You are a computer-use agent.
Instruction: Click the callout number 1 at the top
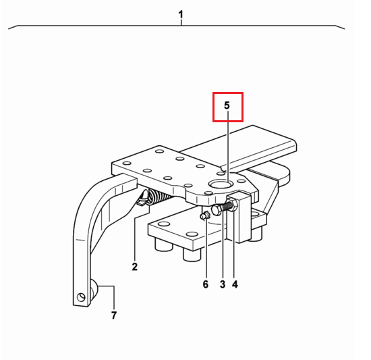click(x=181, y=15)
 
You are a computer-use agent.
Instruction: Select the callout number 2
click(x=135, y=267)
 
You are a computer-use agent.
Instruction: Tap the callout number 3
click(x=223, y=284)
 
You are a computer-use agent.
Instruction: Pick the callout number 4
click(x=235, y=284)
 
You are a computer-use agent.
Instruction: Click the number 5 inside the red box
click(x=227, y=105)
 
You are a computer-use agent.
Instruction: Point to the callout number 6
click(x=206, y=284)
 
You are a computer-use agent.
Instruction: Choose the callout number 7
click(x=114, y=315)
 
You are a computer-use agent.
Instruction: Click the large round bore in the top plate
click(x=220, y=184)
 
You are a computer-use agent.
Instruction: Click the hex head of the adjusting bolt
click(x=217, y=210)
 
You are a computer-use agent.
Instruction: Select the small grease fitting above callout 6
click(x=205, y=215)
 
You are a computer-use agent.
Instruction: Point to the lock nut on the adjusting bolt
click(x=233, y=205)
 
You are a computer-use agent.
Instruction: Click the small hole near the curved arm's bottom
click(x=81, y=297)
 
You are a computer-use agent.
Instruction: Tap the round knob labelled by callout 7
click(x=94, y=290)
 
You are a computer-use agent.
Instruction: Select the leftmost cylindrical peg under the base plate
click(x=163, y=245)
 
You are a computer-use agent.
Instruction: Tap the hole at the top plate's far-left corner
click(x=127, y=163)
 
